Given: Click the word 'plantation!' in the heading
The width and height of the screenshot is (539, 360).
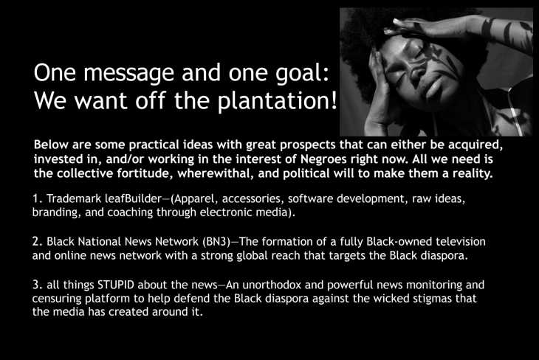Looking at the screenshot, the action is point(277,100).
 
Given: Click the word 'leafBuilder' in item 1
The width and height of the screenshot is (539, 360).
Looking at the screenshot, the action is point(133,198).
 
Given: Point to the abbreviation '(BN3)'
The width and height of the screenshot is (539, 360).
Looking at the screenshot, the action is point(216,242).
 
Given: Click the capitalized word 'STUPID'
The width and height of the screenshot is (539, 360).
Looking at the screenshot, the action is point(116,285).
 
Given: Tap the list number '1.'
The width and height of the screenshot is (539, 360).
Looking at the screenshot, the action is point(38,198).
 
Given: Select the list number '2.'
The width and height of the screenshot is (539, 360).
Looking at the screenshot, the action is point(38,242).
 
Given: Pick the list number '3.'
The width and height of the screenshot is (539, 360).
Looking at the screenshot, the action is point(38,285).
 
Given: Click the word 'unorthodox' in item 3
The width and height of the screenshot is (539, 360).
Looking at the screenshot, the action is point(272,285).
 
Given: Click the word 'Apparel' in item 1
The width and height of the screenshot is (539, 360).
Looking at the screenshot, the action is point(194,199).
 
